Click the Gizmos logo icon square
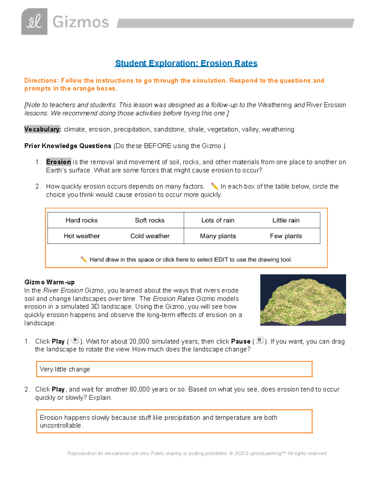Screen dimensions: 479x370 tap(34, 22)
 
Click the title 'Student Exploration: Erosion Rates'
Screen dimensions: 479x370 tap(186, 63)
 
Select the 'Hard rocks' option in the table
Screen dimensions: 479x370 tap(81, 220)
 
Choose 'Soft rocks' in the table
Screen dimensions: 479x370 tap(150, 220)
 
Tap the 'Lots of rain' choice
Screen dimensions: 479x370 tap(218, 220)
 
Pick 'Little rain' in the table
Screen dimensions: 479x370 tap(286, 220)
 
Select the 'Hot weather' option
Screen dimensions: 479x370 tap(82, 236)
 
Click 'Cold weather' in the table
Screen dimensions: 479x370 tap(150, 236)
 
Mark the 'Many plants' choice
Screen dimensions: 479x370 tap(218, 236)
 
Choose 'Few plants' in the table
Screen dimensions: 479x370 tap(286, 236)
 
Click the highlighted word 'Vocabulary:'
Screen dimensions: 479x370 tap(43, 129)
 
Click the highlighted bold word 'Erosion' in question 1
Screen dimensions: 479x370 tap(59, 162)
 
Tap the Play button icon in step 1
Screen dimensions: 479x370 tap(75, 340)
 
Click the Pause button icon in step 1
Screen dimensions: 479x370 tap(260, 340)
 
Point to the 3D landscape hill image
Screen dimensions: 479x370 tap(303, 300)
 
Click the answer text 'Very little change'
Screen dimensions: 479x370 tap(65, 369)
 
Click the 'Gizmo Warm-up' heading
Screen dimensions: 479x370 tap(49, 282)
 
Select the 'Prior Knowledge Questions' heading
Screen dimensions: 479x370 tap(68, 146)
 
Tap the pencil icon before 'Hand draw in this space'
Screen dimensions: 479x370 tap(84, 259)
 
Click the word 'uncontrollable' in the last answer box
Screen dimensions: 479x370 tap(60, 425)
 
